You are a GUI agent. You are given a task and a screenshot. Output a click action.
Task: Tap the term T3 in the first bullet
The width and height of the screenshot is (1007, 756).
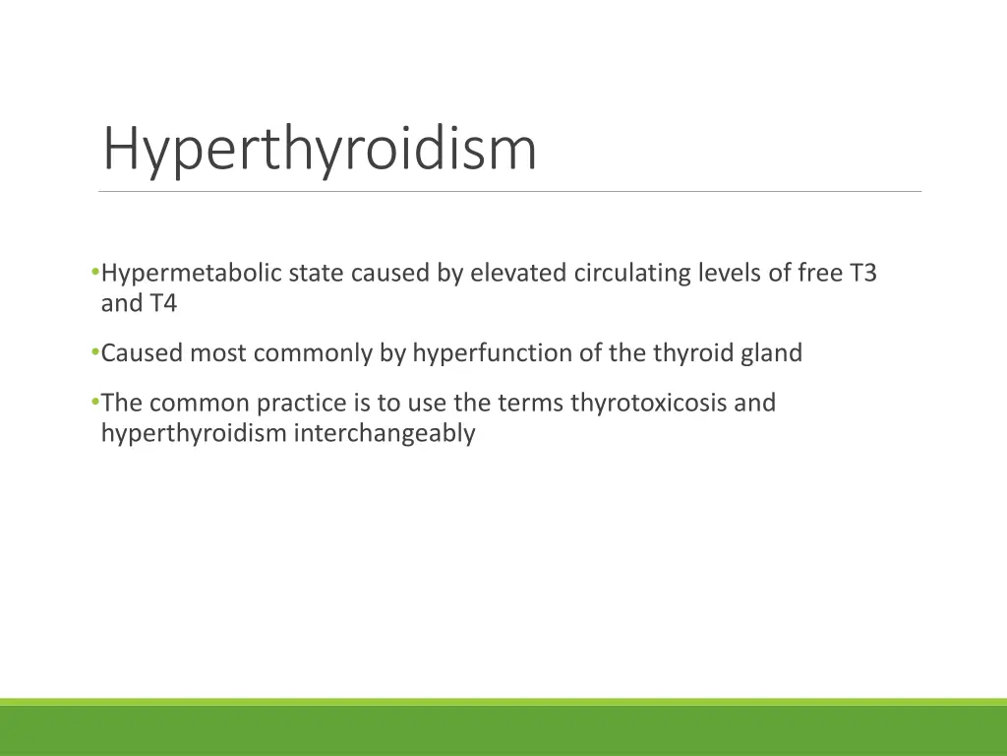click(862, 274)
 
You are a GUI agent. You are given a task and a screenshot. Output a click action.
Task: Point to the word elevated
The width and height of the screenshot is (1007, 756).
click(518, 274)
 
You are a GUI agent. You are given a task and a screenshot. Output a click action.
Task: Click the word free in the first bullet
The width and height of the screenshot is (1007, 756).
click(819, 274)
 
